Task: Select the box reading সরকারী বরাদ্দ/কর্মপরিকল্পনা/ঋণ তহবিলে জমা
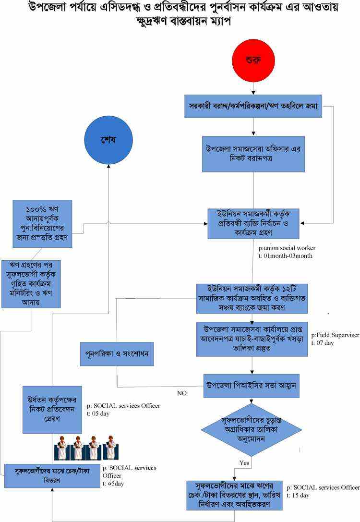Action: click(x=253, y=106)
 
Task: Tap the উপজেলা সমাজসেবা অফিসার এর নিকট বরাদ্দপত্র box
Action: click(x=253, y=154)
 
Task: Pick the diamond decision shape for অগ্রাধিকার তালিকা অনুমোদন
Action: click(x=252, y=429)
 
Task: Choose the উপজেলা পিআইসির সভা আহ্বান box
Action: click(x=251, y=386)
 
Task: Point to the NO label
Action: click(x=181, y=393)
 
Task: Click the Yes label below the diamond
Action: click(x=244, y=462)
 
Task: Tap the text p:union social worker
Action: click(x=287, y=248)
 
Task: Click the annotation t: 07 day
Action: click(x=323, y=343)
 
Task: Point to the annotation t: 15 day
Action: click(x=299, y=495)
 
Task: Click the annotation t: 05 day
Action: click(x=98, y=413)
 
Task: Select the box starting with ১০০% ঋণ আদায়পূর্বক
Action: click(x=42, y=223)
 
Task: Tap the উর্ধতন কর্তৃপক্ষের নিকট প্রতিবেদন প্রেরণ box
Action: click(x=52, y=410)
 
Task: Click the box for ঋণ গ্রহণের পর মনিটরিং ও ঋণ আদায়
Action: click(x=32, y=284)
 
